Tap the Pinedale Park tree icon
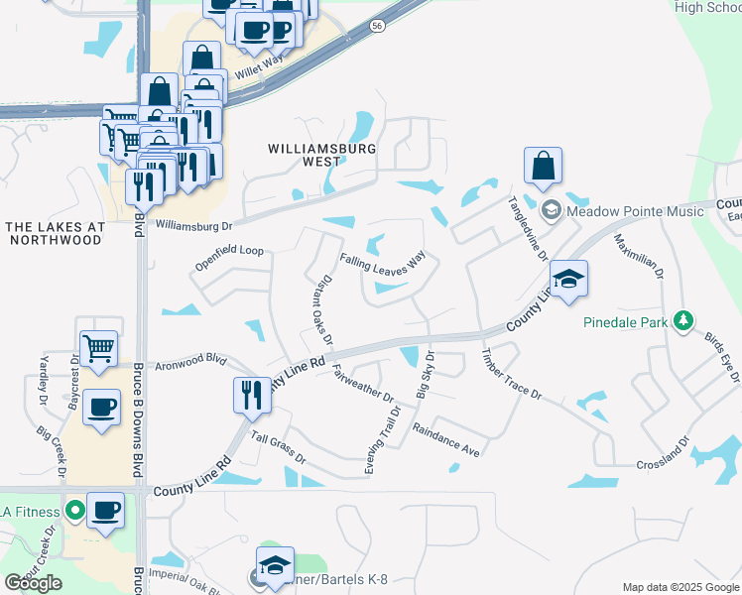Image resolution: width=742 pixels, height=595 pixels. point(682,320)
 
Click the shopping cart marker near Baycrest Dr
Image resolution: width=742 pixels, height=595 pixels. point(98,349)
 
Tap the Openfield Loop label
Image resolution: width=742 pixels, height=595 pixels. point(229,251)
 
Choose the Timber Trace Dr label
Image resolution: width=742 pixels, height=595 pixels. point(511,375)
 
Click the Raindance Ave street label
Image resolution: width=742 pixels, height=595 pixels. point(446,439)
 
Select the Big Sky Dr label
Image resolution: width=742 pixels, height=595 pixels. point(426,375)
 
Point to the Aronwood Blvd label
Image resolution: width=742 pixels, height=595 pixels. point(186,363)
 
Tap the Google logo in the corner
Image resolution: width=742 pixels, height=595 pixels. point(33,583)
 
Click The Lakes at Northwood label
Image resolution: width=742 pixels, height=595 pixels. point(55,233)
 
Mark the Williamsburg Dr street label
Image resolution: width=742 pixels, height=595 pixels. point(192,226)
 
